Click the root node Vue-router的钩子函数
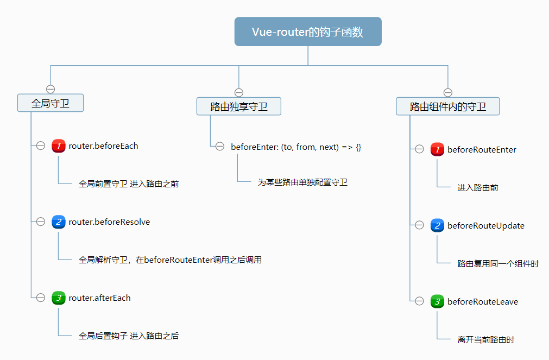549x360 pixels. pyautogui.click(x=308, y=31)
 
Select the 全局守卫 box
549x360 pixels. pyautogui.click(x=51, y=103)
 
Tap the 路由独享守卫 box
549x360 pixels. pyautogui.click(x=238, y=106)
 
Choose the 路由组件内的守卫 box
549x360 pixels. pyautogui.click(x=447, y=106)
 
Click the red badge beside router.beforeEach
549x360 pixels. pyautogui.click(x=59, y=146)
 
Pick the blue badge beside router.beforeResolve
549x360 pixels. pyautogui.click(x=59, y=222)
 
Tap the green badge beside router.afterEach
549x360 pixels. pyautogui.click(x=59, y=298)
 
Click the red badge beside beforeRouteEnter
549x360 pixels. pyautogui.click(x=437, y=149)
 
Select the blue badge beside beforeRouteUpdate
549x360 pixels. pyautogui.click(x=437, y=225)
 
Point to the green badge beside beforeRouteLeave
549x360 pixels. pyautogui.click(x=437, y=301)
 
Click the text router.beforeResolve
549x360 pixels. pyautogui.click(x=109, y=222)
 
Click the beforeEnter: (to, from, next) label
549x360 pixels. pyautogui.click(x=296, y=147)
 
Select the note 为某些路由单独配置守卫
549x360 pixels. pyautogui.click(x=302, y=182)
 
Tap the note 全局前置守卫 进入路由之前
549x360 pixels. pyautogui.click(x=129, y=184)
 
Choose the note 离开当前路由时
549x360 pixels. pyautogui.click(x=485, y=340)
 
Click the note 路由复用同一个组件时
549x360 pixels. pyautogui.click(x=497, y=264)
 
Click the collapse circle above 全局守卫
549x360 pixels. pyautogui.click(x=51, y=89)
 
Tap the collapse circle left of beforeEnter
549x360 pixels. pyautogui.click(x=220, y=146)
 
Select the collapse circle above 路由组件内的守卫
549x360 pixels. pyautogui.click(x=447, y=92)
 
